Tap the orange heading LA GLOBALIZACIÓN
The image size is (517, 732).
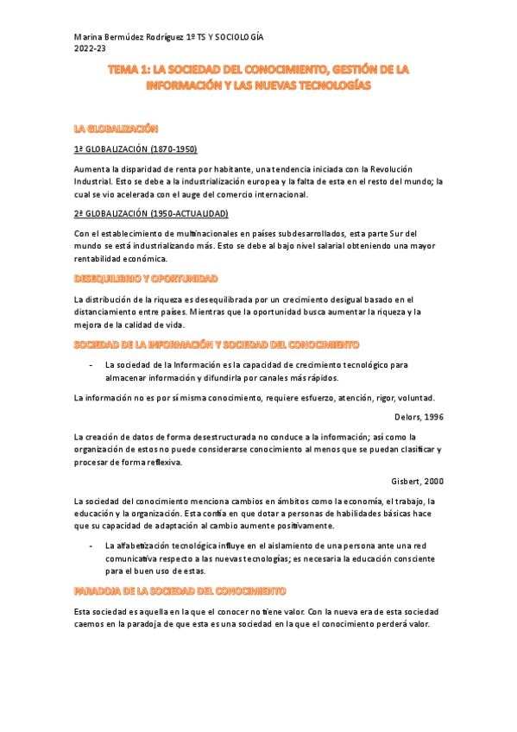[117, 129]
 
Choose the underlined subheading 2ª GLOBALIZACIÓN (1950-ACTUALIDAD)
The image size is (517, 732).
[151, 213]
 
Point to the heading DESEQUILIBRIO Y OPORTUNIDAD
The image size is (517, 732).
[146, 279]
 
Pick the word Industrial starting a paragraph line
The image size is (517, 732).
[93, 181]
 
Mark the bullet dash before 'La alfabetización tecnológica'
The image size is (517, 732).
[91, 546]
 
